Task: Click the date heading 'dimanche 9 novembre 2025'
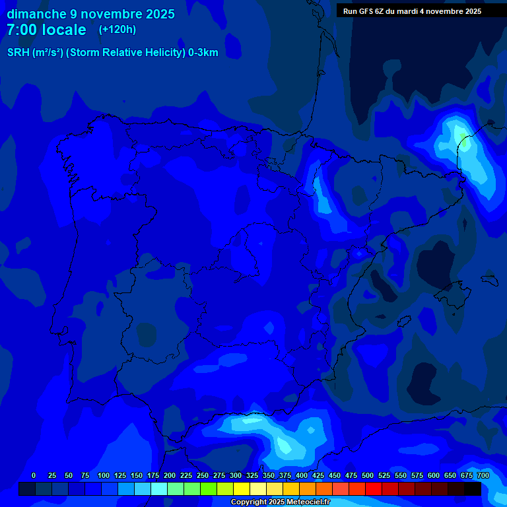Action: tap(90, 14)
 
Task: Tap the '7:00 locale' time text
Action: tap(46, 30)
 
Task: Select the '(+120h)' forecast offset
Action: tap(117, 30)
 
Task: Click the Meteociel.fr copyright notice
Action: tap(279, 502)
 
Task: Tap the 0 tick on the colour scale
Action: tap(34, 475)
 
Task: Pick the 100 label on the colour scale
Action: tap(104, 475)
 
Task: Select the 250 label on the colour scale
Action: tap(203, 475)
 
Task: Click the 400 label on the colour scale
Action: tap(302, 475)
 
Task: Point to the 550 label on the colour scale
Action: tap(401, 475)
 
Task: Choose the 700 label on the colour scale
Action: tap(483, 475)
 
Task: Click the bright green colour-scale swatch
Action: tap(209, 489)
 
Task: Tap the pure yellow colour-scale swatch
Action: tap(242, 489)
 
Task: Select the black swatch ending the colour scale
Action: tap(473, 489)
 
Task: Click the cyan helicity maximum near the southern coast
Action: tap(284, 444)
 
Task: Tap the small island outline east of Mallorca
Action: tap(490, 280)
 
